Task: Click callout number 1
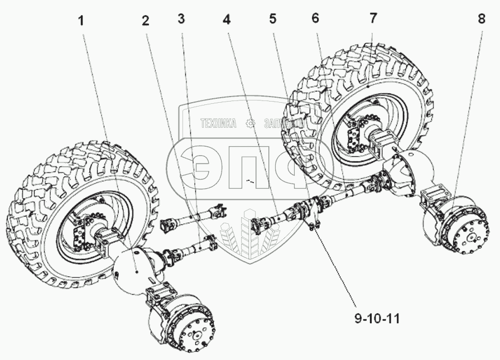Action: (x=81, y=21)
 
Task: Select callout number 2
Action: (x=146, y=21)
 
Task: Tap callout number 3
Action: (x=181, y=19)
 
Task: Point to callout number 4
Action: (x=226, y=19)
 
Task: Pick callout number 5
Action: (x=273, y=18)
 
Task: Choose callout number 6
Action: (x=315, y=18)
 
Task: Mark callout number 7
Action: (x=373, y=18)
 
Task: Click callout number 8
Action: (x=482, y=19)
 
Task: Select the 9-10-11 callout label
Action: (x=377, y=319)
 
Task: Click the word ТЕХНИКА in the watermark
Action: (x=218, y=123)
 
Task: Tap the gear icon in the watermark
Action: (x=251, y=123)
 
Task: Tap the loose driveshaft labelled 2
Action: (x=193, y=218)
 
